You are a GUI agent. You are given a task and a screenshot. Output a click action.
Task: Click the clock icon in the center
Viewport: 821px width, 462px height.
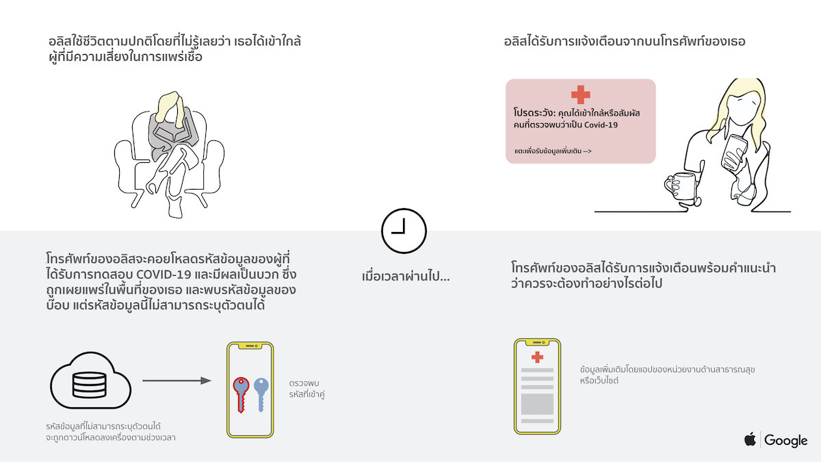(x=404, y=210)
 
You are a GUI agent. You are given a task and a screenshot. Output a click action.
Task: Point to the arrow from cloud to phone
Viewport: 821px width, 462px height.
(x=177, y=381)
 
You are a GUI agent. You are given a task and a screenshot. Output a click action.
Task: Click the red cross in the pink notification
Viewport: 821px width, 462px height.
(x=581, y=94)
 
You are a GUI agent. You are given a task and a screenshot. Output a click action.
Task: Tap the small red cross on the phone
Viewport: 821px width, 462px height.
(x=537, y=357)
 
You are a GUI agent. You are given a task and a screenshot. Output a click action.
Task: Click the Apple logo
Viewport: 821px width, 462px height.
(x=750, y=439)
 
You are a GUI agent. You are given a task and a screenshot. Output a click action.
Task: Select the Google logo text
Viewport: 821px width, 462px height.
(x=786, y=440)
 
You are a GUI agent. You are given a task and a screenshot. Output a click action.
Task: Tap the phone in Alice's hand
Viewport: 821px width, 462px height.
(x=733, y=152)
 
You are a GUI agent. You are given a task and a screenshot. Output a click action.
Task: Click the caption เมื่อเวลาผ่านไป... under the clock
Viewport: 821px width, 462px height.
(x=405, y=276)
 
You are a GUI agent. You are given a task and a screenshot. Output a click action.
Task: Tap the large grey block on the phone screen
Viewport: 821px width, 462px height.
(x=537, y=404)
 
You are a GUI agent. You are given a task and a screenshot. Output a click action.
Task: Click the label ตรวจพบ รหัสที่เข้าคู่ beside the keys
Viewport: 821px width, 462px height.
(x=307, y=389)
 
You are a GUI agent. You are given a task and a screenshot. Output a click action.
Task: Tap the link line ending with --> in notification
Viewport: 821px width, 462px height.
(x=553, y=151)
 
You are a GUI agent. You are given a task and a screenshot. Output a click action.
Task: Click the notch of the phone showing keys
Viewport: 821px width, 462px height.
(x=250, y=346)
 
